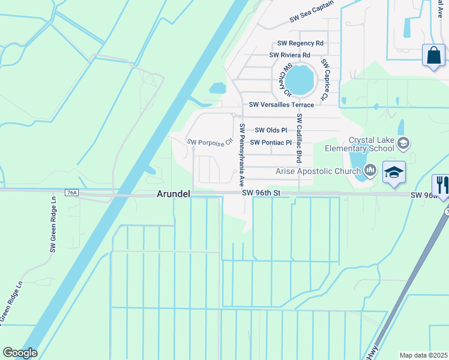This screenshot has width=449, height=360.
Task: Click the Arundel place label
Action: [173, 194]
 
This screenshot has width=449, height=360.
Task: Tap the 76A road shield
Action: [72, 193]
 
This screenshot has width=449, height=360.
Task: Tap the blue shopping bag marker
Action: [433, 56]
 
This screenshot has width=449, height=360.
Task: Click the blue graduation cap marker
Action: [394, 173]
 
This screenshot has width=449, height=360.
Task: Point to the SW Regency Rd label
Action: [300, 43]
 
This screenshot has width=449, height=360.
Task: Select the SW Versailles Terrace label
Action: [282, 105]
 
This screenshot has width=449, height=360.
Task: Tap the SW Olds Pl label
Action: [271, 130]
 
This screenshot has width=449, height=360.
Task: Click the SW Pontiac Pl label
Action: [271, 143]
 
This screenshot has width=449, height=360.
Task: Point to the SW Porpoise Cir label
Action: [209, 142]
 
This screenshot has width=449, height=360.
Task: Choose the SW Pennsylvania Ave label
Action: [243, 154]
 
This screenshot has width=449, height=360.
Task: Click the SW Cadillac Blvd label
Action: [299, 139]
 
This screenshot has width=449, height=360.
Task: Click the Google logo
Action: [20, 353]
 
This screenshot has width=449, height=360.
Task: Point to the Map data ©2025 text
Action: [424, 355]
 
